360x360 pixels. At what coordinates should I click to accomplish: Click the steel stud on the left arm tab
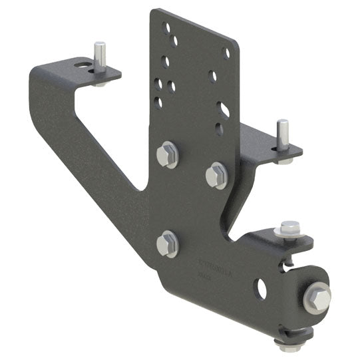pyautogui.click(x=99, y=57)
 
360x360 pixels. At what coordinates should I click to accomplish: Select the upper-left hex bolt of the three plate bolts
pyautogui.click(x=166, y=154)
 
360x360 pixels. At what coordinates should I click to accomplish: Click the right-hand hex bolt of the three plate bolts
pyautogui.click(x=216, y=176)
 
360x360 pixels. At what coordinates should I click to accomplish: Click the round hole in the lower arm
pyautogui.click(x=261, y=289)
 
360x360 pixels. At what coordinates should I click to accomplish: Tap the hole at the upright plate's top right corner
pyautogui.click(x=227, y=52)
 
